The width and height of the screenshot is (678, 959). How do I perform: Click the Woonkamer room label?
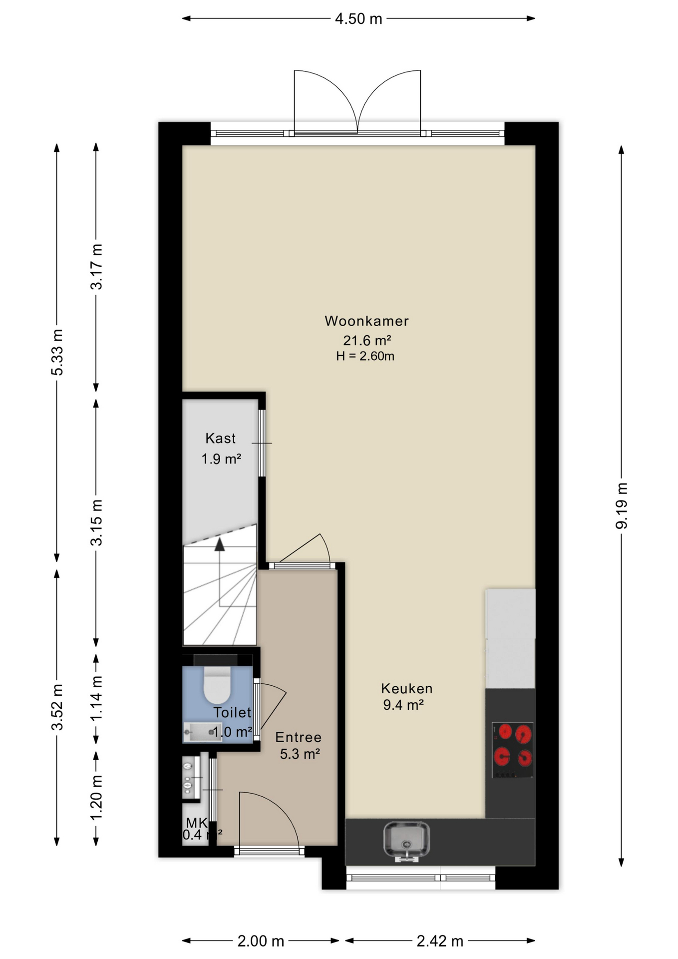click(x=366, y=321)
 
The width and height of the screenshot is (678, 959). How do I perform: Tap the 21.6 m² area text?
click(x=366, y=340)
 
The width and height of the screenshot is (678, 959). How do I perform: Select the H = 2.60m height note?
click(x=365, y=356)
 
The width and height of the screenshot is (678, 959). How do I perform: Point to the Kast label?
click(x=220, y=438)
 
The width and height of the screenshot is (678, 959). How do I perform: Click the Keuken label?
click(x=406, y=688)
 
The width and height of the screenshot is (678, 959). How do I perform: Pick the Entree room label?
click(x=299, y=737)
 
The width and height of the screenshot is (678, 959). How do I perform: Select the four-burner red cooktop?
click(x=513, y=750)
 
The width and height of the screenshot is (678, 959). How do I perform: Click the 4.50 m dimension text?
click(x=358, y=19)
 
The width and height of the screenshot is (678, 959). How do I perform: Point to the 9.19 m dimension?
click(x=622, y=505)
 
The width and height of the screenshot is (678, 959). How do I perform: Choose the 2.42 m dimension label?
click(x=440, y=941)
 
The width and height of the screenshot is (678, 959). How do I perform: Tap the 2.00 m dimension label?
click(x=261, y=941)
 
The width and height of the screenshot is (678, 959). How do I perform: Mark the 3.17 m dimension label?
click(x=96, y=266)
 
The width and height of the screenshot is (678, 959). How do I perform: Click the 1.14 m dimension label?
click(x=96, y=698)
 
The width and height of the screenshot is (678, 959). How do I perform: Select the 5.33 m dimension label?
click(x=57, y=352)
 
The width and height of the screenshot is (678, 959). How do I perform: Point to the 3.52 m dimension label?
click(x=57, y=707)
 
